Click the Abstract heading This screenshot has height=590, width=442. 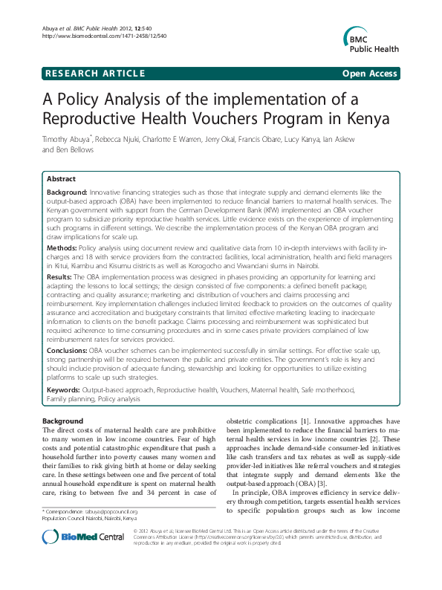(x=61, y=179)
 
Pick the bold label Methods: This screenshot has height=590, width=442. (x=64, y=244)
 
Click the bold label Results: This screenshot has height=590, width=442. (x=62, y=276)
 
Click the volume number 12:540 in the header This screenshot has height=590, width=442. (x=159, y=28)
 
